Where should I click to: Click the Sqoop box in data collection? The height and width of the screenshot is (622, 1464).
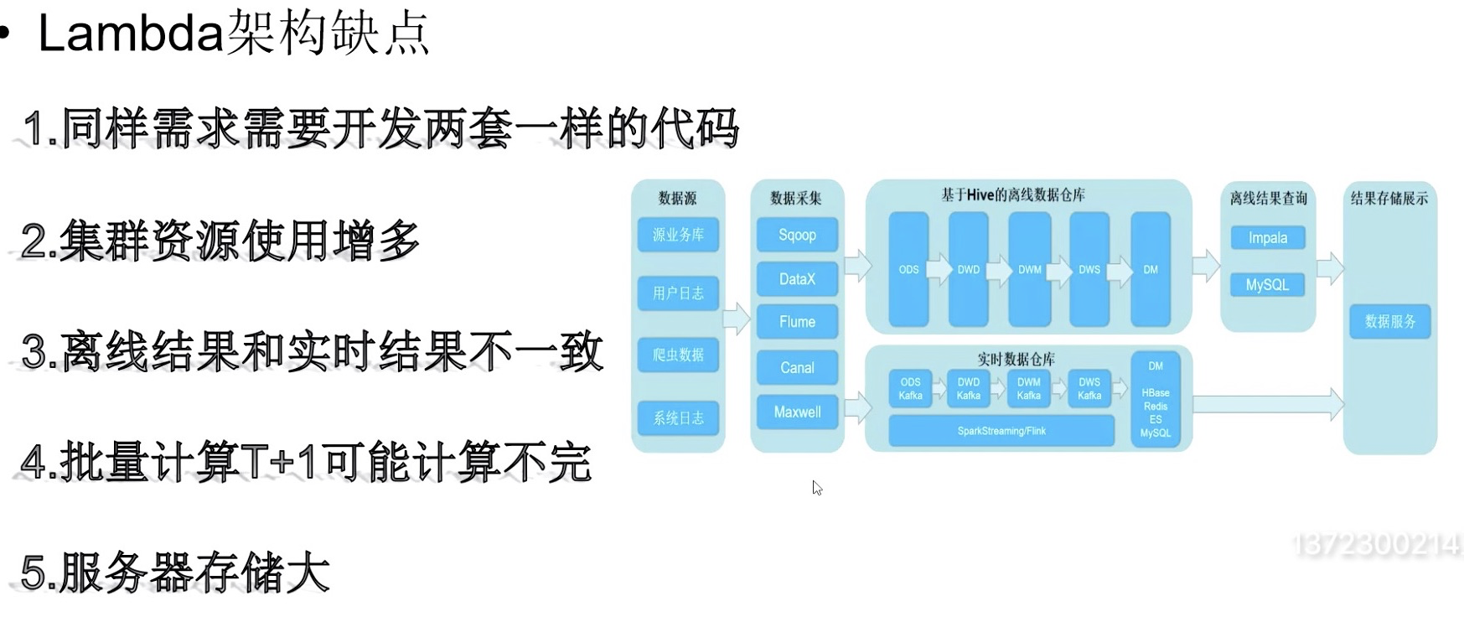click(x=797, y=235)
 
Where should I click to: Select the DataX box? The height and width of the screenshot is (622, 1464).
click(x=797, y=279)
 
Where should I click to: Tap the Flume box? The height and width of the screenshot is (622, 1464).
click(x=797, y=322)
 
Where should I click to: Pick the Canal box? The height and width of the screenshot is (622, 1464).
click(x=797, y=367)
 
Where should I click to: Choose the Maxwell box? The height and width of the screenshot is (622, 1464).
click(x=797, y=412)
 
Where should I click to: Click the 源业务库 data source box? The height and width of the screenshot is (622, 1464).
click(x=678, y=235)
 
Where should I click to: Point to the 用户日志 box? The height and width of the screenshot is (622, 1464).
click(x=678, y=293)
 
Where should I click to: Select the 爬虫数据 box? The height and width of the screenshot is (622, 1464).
click(x=678, y=355)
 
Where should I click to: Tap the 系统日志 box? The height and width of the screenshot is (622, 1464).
click(x=678, y=417)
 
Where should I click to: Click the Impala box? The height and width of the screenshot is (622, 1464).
click(x=1267, y=238)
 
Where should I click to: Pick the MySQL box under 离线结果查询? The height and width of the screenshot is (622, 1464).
click(x=1267, y=285)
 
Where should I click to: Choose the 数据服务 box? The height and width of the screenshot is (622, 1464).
click(x=1389, y=321)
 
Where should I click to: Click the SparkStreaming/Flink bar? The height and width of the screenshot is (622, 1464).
click(x=1001, y=431)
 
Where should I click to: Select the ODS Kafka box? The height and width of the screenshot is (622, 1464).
click(x=910, y=388)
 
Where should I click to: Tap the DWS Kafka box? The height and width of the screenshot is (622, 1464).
click(x=1089, y=388)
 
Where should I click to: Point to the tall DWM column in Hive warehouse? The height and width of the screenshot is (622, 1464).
click(x=1029, y=269)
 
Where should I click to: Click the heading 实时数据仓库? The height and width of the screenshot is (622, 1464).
click(x=1016, y=359)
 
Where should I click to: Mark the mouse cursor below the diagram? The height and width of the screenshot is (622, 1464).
click(x=817, y=487)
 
